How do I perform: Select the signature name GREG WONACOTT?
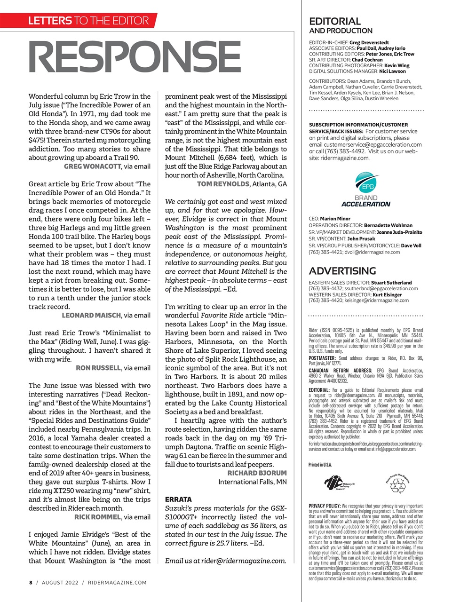[x=92, y=166]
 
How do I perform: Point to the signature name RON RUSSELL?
[x=98, y=368]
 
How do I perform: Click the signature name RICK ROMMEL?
[x=97, y=517]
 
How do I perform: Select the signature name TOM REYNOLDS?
[x=223, y=184]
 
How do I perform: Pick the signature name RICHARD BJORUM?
[x=257, y=473]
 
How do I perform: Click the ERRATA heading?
[x=178, y=499]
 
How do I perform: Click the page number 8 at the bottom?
[x=31, y=583]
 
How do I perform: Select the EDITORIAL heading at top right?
[x=334, y=21]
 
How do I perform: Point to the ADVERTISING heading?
[x=342, y=271]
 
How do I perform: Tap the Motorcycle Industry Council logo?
[x=339, y=483]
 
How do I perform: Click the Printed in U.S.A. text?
[x=320, y=465]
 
